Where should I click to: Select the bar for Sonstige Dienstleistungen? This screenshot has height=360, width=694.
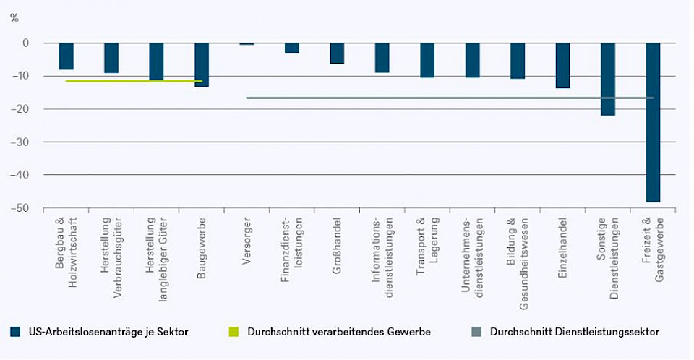[608, 79]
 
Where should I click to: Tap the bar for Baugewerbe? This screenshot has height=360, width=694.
[202, 64]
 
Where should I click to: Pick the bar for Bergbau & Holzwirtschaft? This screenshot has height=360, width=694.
[67, 56]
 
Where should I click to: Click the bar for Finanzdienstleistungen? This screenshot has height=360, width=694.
[292, 48]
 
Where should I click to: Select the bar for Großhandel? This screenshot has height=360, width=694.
[337, 53]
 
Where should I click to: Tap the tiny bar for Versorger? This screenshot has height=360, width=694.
[247, 44]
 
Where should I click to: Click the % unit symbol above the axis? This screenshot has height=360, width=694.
[14, 17]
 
